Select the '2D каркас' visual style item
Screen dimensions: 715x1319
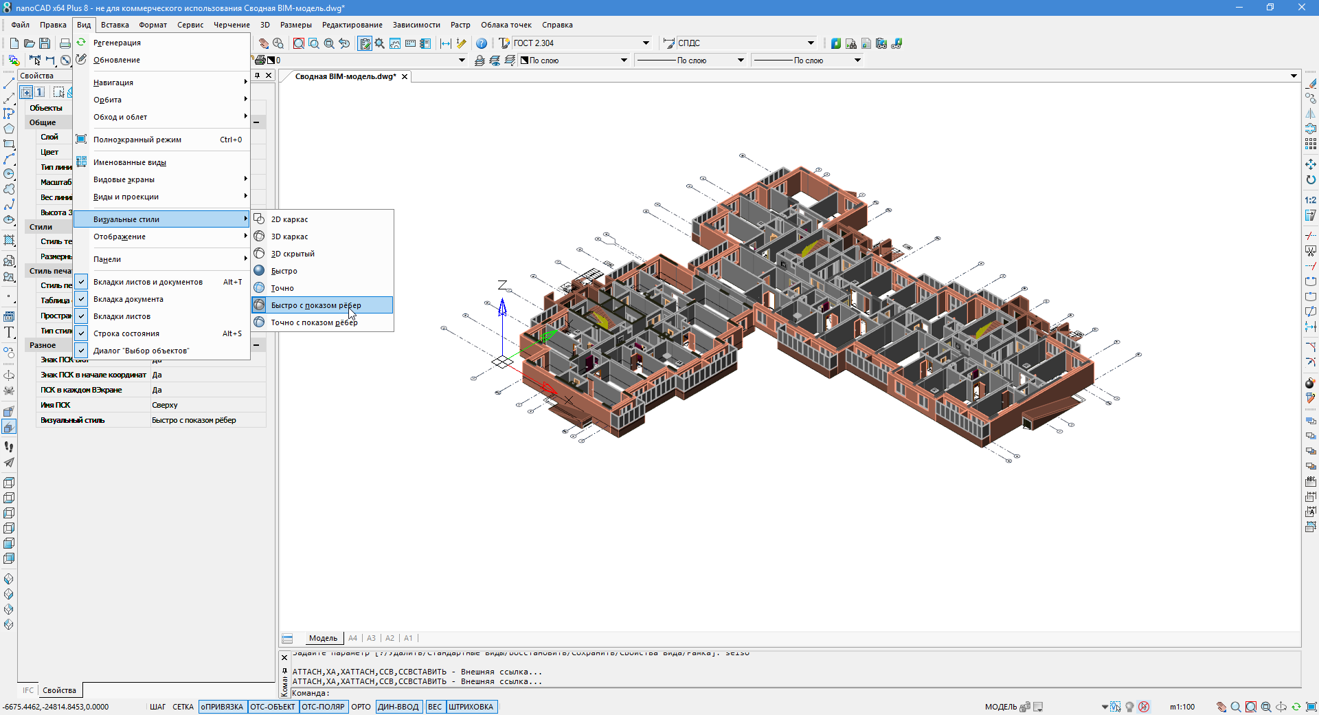pos(289,219)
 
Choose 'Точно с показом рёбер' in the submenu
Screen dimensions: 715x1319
pos(314,322)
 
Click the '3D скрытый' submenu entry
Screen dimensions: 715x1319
pos(293,254)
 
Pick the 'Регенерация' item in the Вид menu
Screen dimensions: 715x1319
pos(117,43)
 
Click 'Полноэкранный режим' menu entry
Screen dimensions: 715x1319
pos(137,140)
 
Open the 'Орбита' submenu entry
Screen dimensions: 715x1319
pos(108,100)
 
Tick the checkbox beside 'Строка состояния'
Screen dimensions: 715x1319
pos(81,333)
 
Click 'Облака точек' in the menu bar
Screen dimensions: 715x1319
pos(506,25)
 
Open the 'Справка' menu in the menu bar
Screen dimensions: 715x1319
pos(556,25)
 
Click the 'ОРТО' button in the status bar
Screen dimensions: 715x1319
pos(361,707)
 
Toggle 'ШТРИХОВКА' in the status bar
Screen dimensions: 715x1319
pos(471,707)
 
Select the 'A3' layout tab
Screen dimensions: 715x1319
pos(371,638)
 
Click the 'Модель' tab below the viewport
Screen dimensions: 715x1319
pos(323,638)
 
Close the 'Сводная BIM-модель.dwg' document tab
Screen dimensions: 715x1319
pos(405,76)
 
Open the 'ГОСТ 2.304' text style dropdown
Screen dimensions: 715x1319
pos(646,43)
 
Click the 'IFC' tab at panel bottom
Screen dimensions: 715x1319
pos(28,690)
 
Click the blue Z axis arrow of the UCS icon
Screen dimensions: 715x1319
pos(502,307)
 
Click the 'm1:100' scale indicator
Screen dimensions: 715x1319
pos(1182,707)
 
